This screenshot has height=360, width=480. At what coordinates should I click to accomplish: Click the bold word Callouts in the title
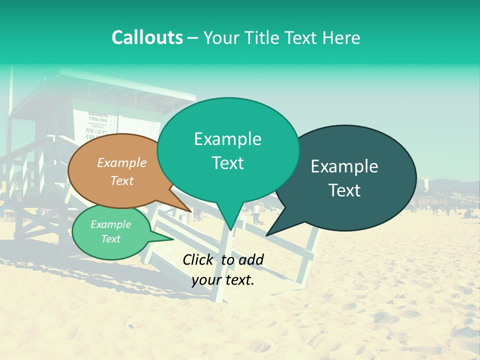[147, 37]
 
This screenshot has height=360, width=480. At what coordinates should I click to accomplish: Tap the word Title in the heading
[260, 38]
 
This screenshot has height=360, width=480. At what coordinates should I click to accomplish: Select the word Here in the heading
[342, 38]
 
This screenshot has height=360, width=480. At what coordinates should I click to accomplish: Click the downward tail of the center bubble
[230, 227]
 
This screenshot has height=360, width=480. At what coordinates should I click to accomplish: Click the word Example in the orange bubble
[122, 163]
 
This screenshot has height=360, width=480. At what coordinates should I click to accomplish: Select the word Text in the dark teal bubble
[345, 190]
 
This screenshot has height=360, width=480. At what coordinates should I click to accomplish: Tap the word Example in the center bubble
[227, 139]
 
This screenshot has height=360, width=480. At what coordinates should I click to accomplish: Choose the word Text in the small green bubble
[111, 239]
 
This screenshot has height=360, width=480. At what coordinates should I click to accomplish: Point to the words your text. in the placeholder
[223, 280]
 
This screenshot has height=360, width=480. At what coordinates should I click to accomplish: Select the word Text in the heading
[304, 38]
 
